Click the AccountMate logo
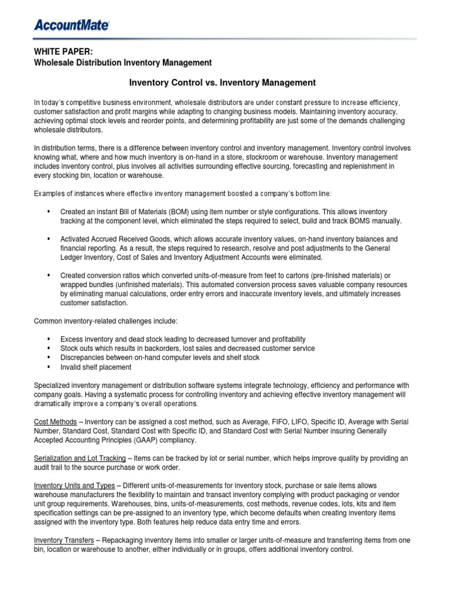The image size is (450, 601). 71,25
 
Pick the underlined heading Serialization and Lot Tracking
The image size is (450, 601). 80,458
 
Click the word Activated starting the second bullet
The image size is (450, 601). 76,239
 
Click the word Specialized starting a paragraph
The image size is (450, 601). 54,386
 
